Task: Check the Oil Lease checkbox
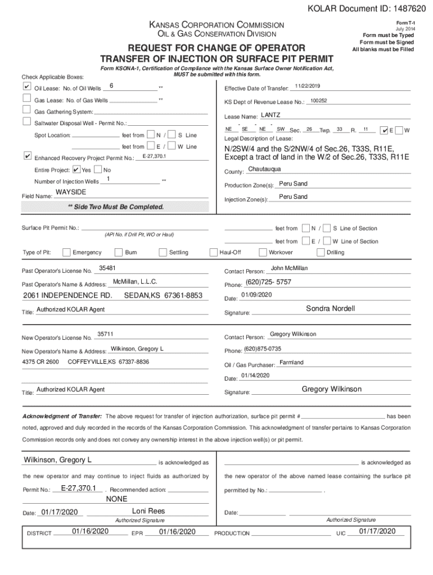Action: click(x=26, y=87)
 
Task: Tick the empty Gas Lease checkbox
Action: click(x=26, y=99)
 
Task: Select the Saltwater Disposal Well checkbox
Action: click(x=26, y=122)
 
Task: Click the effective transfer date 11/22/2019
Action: click(x=307, y=85)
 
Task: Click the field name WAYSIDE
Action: click(x=70, y=193)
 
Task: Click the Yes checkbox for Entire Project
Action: click(x=76, y=170)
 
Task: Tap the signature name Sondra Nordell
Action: click(x=330, y=309)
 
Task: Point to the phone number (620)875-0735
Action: click(x=263, y=349)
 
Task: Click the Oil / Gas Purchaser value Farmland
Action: click(x=291, y=362)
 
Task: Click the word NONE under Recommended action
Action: click(x=117, y=499)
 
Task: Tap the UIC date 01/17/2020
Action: click(x=377, y=531)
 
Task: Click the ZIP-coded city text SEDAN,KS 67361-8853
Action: click(x=163, y=295)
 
